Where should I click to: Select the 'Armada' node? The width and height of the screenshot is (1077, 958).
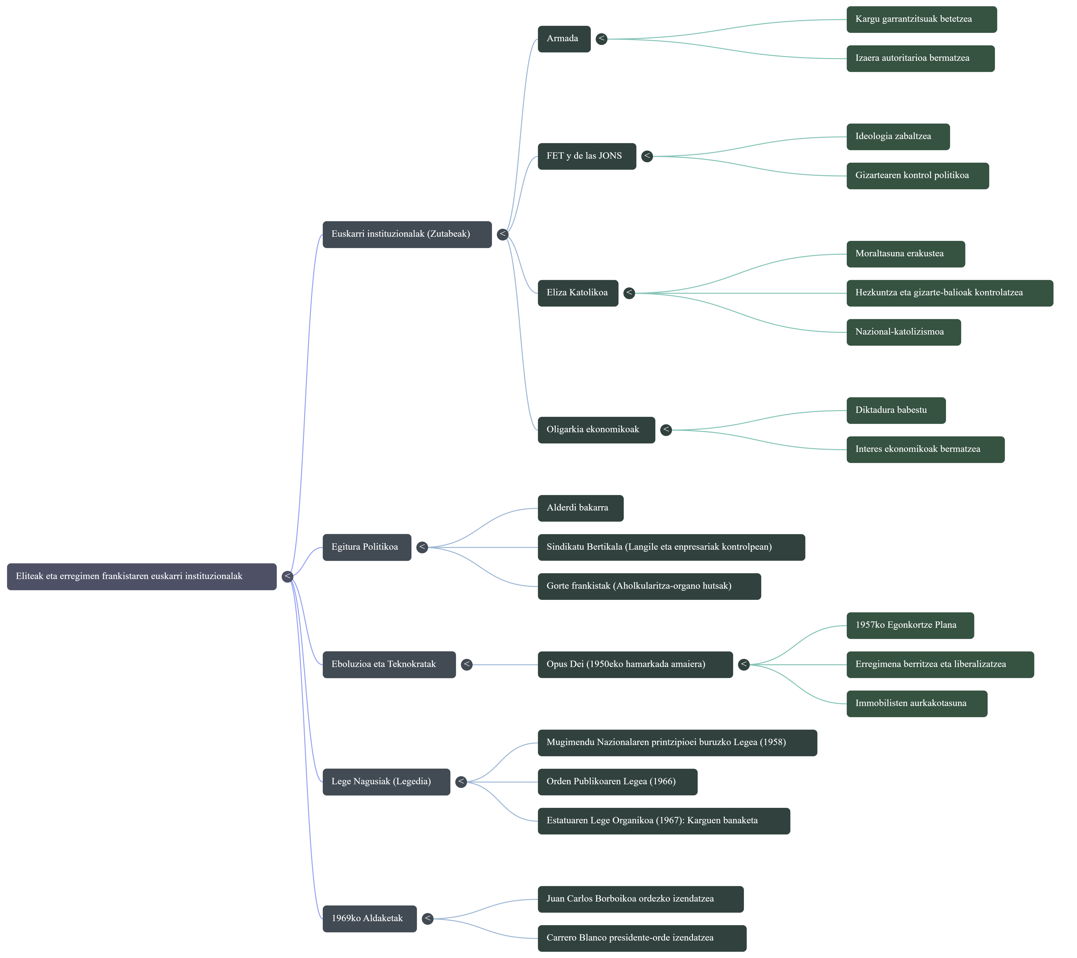(x=564, y=38)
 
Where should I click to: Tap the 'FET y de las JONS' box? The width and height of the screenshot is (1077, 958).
(x=586, y=156)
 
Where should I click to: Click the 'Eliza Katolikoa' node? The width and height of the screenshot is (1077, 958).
(x=577, y=293)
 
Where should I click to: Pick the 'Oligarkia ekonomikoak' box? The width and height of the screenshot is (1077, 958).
(x=596, y=430)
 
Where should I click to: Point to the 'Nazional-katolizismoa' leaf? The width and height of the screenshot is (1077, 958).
(x=903, y=332)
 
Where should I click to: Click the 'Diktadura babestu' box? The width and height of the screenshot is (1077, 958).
(x=896, y=410)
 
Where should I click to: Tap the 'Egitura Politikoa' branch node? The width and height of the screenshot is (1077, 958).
(x=367, y=547)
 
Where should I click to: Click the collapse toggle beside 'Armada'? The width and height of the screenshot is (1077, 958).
(x=601, y=38)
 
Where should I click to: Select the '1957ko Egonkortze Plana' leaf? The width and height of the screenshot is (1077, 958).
(x=910, y=625)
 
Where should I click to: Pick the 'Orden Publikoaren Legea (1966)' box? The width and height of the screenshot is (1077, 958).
(x=617, y=781)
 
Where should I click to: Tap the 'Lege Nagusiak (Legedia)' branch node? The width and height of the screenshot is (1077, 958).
(x=386, y=781)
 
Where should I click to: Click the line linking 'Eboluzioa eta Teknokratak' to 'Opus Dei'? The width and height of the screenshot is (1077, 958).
(x=505, y=665)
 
